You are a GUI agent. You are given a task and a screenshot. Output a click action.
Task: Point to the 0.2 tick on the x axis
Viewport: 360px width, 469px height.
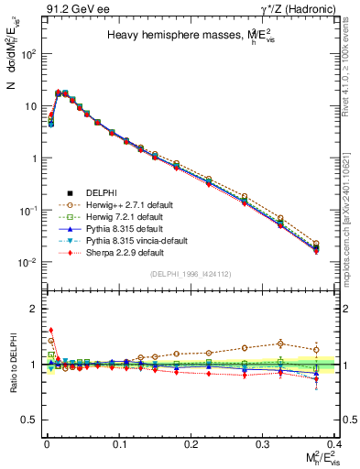click(192, 442)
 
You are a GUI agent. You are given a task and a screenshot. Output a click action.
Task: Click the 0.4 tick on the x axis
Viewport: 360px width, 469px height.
click(337, 442)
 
